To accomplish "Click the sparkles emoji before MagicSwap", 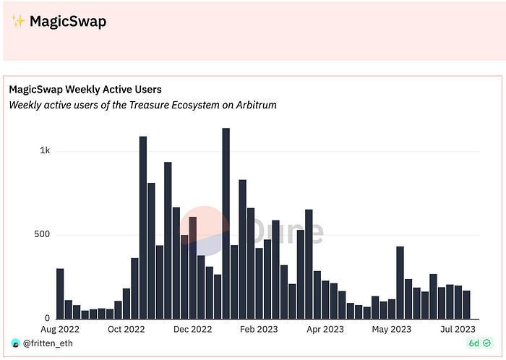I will tap(18, 22).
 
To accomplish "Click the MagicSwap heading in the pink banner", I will tap(68, 22).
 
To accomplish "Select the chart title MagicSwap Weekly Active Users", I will tap(85, 90).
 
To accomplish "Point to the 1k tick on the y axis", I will tap(45, 151).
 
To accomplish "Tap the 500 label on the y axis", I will tap(42, 235).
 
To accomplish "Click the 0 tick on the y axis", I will tap(47, 319).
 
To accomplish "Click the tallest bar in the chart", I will tap(226, 223).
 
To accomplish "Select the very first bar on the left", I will tap(60, 293).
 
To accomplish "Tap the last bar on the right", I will tap(466, 304).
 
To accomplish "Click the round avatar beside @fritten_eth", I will tap(14, 343).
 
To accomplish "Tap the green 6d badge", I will tap(478, 343).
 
